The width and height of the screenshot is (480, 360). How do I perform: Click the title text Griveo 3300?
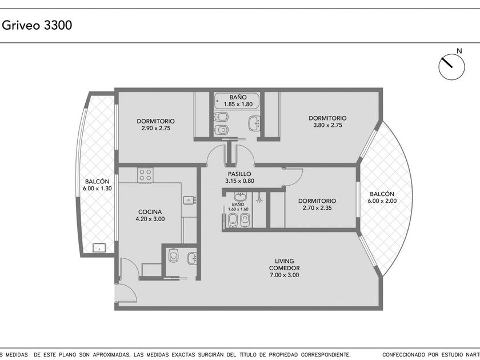(x=37, y=25)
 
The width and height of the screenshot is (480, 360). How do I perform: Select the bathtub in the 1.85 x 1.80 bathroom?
(x=237, y=101)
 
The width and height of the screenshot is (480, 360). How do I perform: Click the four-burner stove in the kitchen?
(x=145, y=175)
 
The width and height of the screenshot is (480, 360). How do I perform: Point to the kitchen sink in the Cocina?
(x=190, y=200)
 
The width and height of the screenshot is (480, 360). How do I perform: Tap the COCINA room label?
(x=150, y=212)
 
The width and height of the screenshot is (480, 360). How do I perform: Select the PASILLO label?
(x=239, y=174)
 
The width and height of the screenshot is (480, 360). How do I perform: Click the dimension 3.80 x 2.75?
(x=327, y=125)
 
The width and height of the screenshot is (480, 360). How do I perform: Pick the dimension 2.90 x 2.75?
(x=156, y=128)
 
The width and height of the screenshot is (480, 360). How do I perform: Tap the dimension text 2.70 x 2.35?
(x=317, y=208)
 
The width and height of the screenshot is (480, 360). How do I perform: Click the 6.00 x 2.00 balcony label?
(x=382, y=201)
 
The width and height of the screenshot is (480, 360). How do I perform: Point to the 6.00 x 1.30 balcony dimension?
(x=97, y=189)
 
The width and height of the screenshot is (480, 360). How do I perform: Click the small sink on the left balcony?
(x=99, y=247)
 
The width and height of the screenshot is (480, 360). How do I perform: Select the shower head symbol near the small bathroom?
(x=259, y=198)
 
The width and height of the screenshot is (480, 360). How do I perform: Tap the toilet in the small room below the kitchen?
(x=174, y=255)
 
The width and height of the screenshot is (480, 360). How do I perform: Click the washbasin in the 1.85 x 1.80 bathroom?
(x=254, y=123)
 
